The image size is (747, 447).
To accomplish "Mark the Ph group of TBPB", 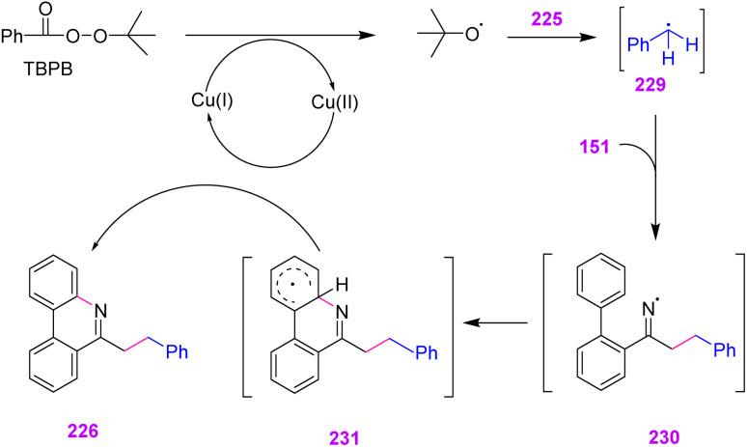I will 14,40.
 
